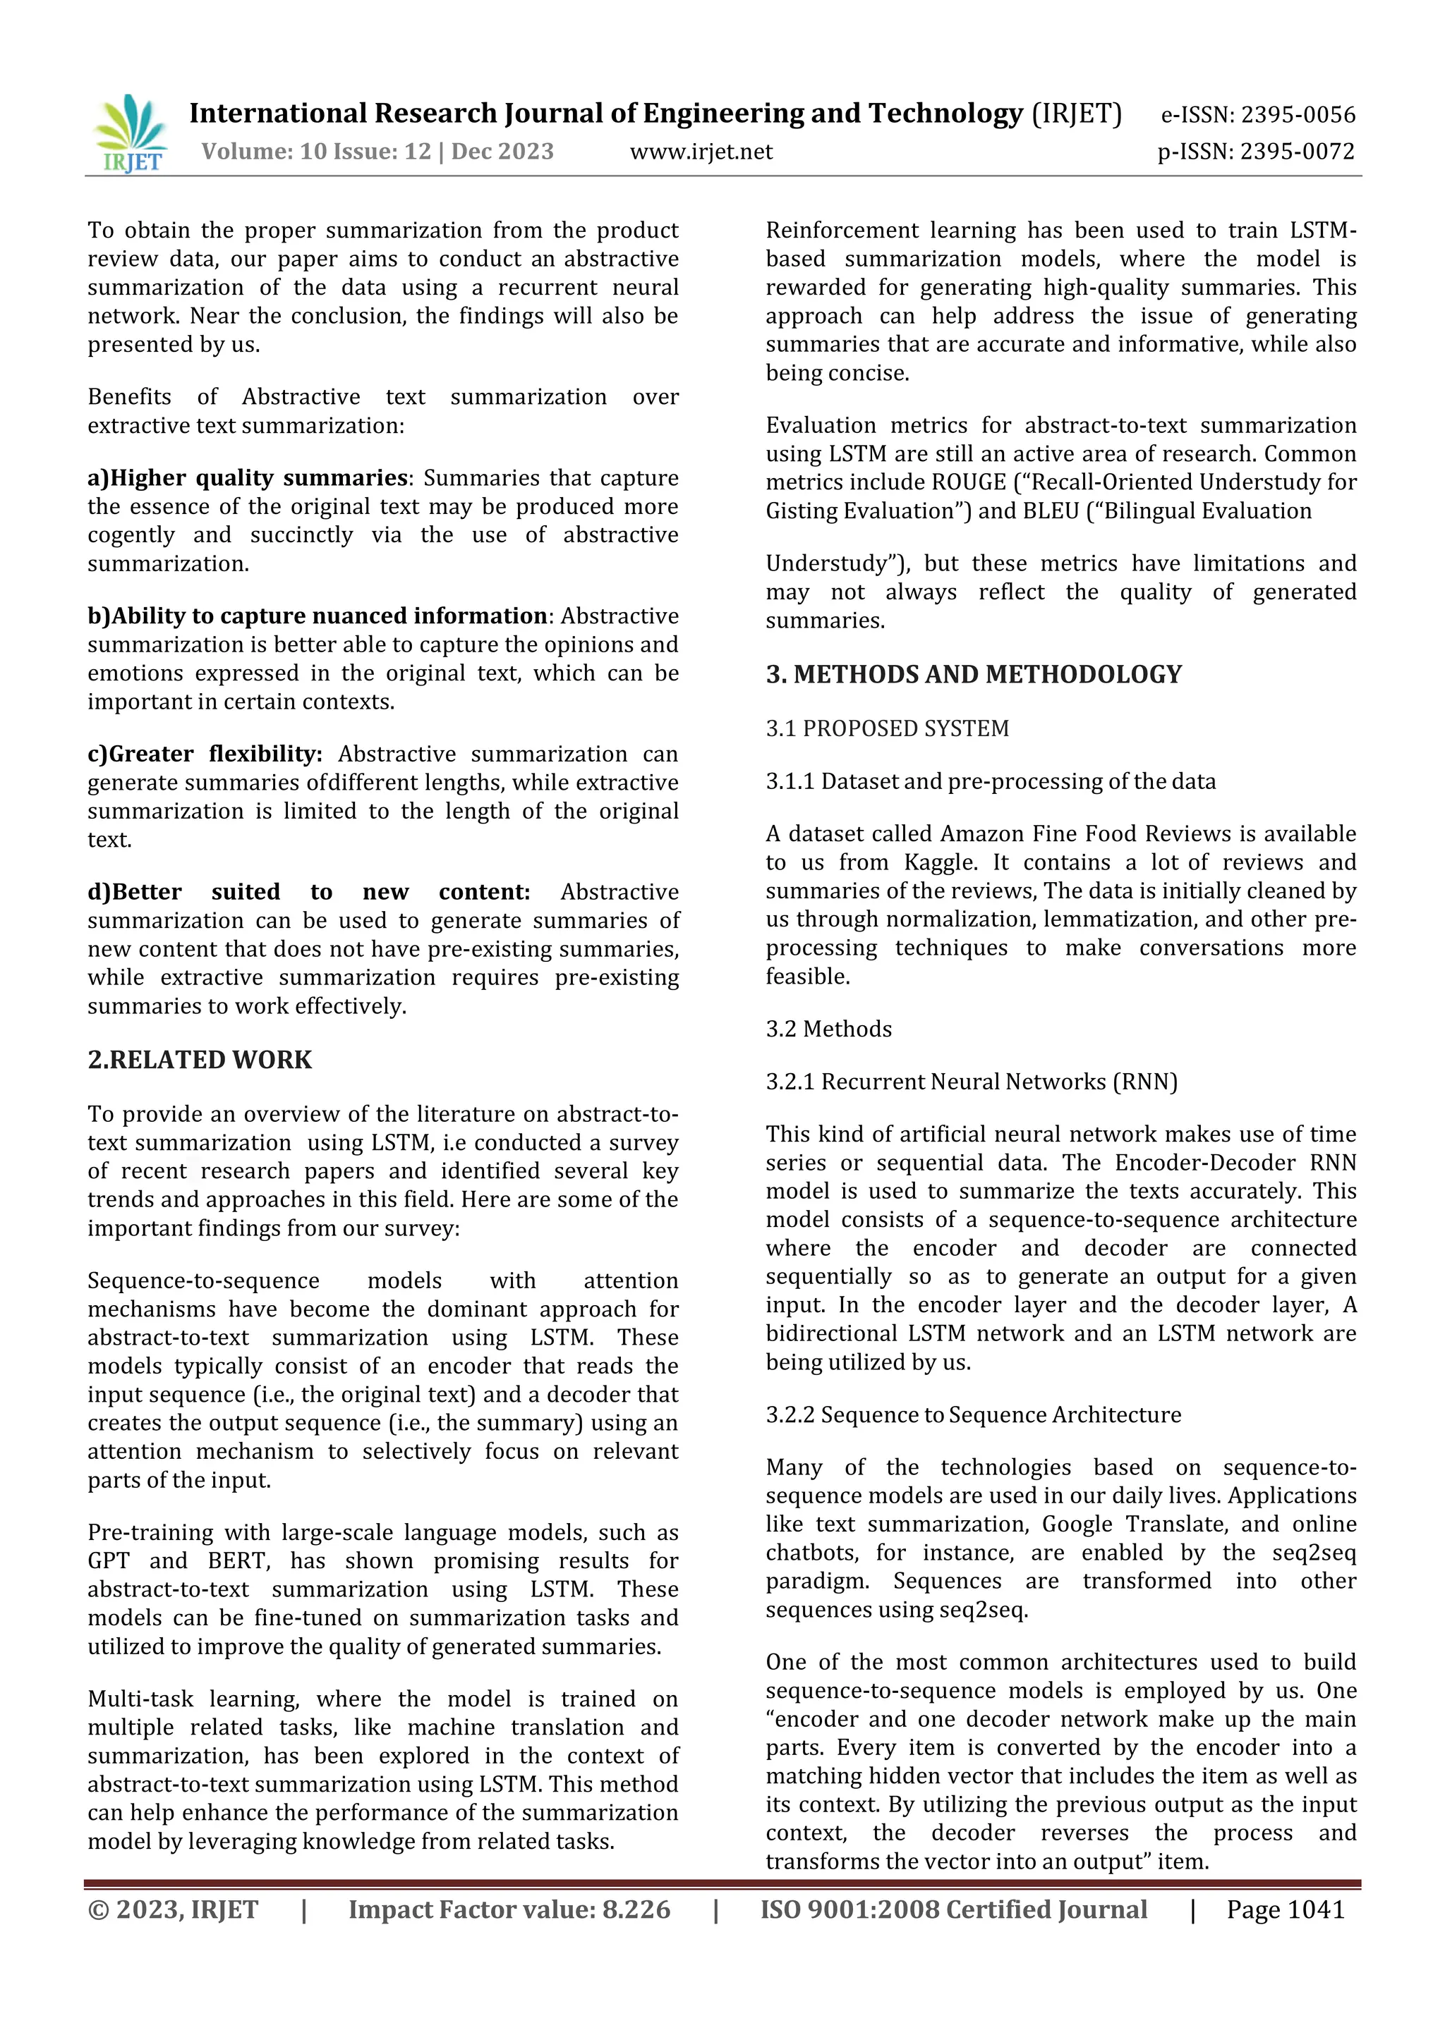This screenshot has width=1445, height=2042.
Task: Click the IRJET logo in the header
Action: tap(130, 133)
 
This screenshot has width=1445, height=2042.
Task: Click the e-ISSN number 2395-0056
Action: tap(1298, 115)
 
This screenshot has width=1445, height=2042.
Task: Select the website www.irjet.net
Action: tap(701, 152)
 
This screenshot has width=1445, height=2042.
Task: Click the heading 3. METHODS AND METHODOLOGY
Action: tap(974, 674)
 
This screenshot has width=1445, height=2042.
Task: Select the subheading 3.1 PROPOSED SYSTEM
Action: tap(887, 728)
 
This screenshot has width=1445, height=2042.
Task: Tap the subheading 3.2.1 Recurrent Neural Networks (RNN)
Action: tap(972, 1082)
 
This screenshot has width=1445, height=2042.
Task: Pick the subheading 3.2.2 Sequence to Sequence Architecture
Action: tap(974, 1415)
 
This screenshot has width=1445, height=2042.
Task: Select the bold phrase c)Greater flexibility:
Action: tap(205, 754)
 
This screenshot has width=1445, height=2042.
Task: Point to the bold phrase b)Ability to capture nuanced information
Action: tap(317, 616)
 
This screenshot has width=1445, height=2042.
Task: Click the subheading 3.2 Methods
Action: tap(828, 1029)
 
